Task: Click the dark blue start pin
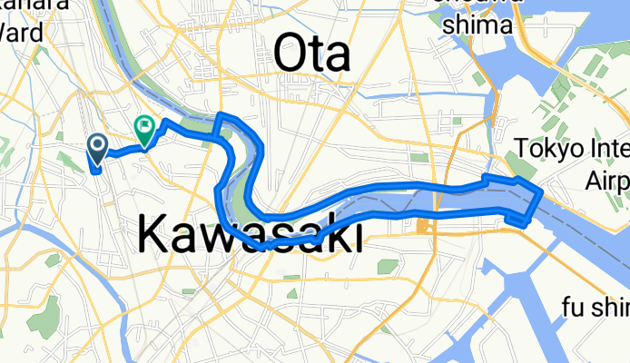click(x=97, y=145)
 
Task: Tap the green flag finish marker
click(x=144, y=128)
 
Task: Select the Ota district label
click(x=311, y=55)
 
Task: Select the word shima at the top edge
click(x=478, y=25)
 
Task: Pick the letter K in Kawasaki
click(x=154, y=236)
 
